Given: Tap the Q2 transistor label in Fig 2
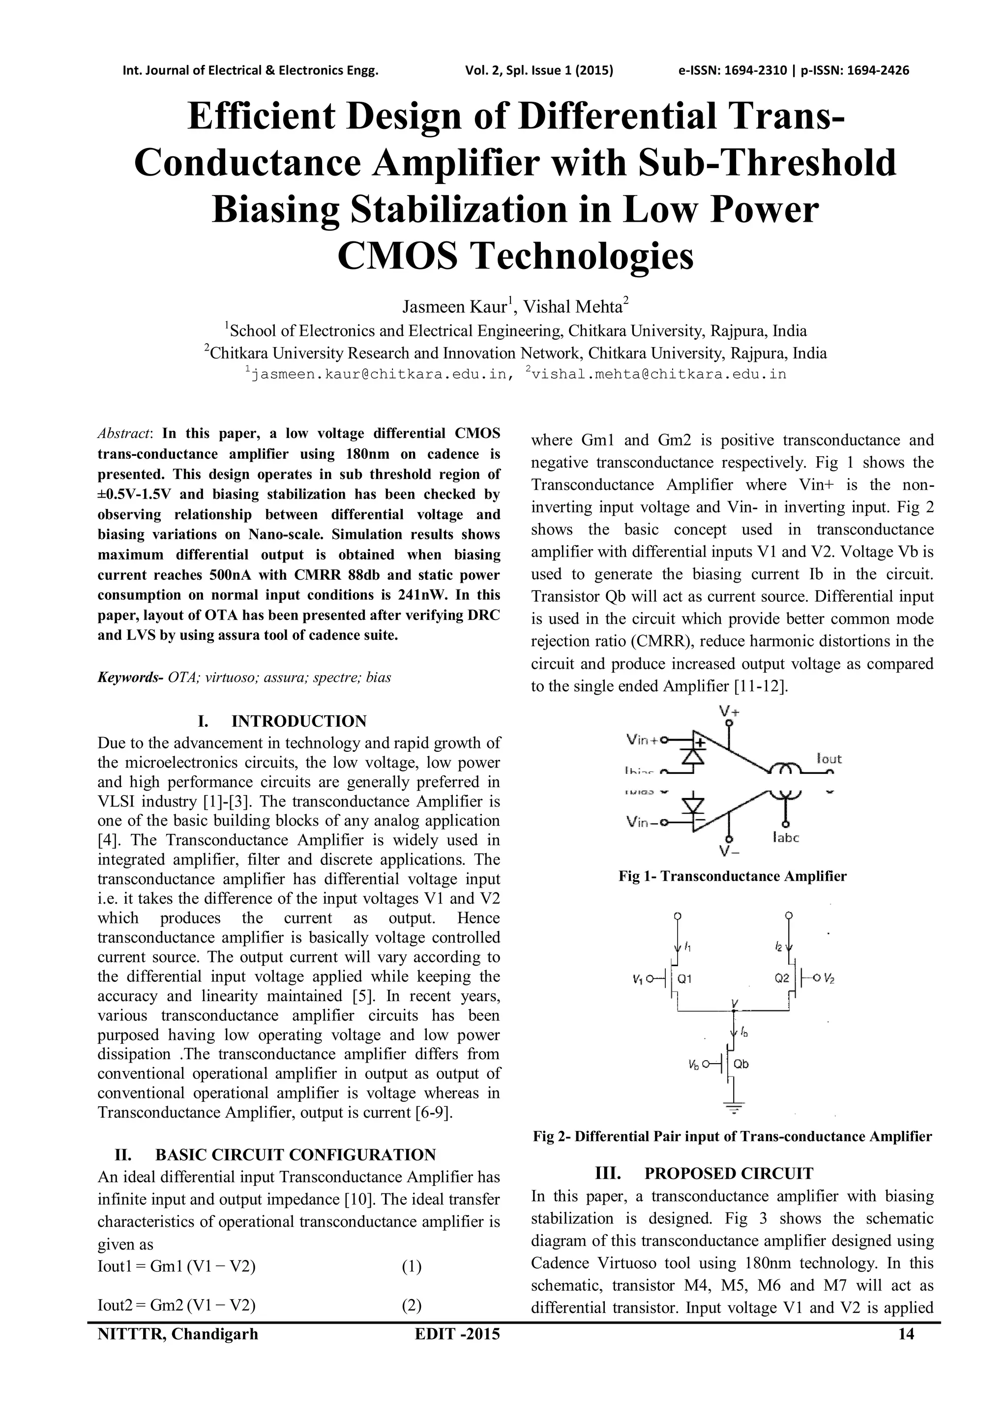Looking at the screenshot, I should coord(782,979).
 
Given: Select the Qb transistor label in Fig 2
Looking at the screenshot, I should coord(741,1064).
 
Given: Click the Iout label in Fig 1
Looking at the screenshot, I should coord(829,759).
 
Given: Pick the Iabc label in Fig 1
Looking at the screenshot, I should coord(786,838).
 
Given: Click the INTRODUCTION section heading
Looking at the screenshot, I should coord(299,721).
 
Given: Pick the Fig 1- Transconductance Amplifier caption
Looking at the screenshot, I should coord(732,876).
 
